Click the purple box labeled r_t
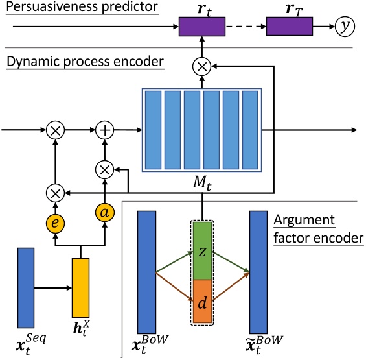click(201, 27)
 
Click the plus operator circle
click(104, 131)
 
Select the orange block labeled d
click(201, 301)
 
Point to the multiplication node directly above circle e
click(55, 192)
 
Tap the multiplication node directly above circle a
click(104, 170)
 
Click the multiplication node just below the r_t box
click(201, 65)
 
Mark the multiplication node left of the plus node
click(55, 131)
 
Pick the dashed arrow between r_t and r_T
click(246, 27)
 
